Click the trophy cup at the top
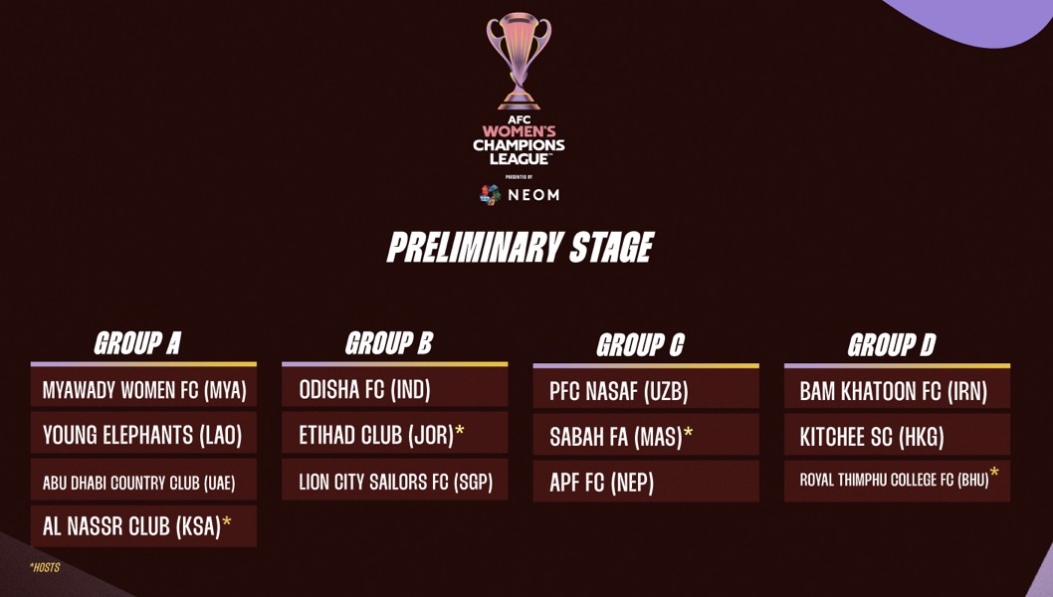[x=519, y=61]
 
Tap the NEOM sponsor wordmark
[x=533, y=195]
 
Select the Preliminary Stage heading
[x=520, y=247]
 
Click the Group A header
[x=137, y=343]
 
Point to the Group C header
[x=640, y=345]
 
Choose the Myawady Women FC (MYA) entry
[x=143, y=390]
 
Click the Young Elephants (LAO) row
[x=142, y=435]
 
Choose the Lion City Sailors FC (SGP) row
[x=395, y=482]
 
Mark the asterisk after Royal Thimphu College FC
[x=994, y=472]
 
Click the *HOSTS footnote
[x=45, y=567]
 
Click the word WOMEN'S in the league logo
[x=519, y=131]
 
